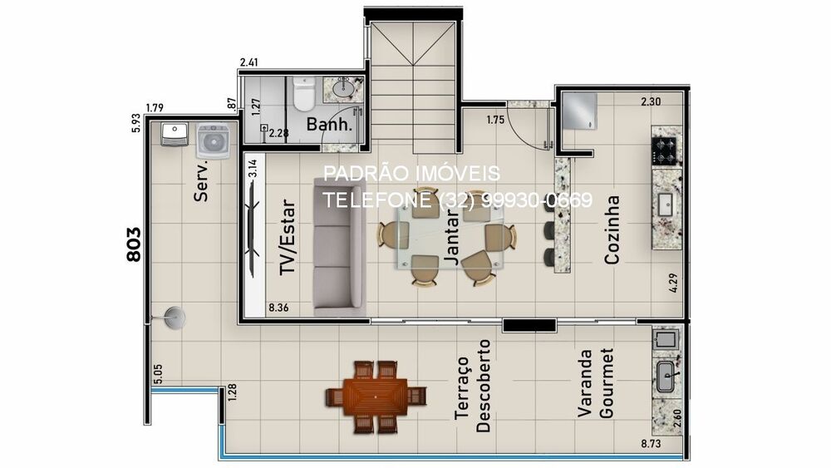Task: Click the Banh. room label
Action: [x=330, y=126]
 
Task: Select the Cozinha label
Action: [x=612, y=229]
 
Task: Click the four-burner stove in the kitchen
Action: [x=666, y=150]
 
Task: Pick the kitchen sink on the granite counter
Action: [x=666, y=203]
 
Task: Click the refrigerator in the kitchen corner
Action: [x=578, y=111]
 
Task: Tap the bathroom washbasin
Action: [x=343, y=87]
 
